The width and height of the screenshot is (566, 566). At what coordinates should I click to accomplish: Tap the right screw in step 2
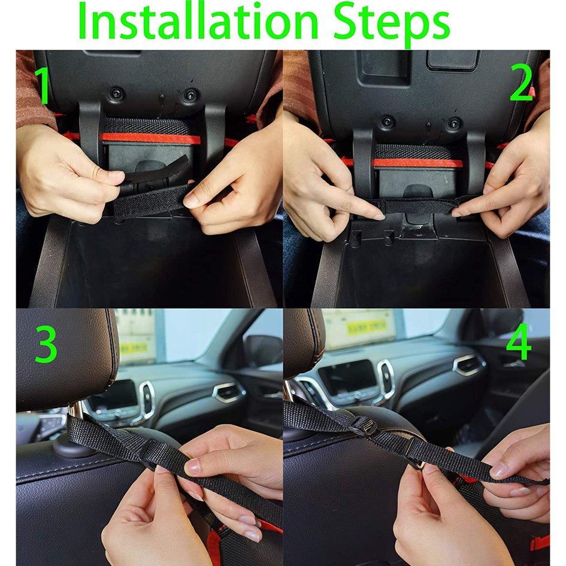pos(453,123)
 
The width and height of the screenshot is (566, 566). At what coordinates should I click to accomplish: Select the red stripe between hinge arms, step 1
pos(150,138)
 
